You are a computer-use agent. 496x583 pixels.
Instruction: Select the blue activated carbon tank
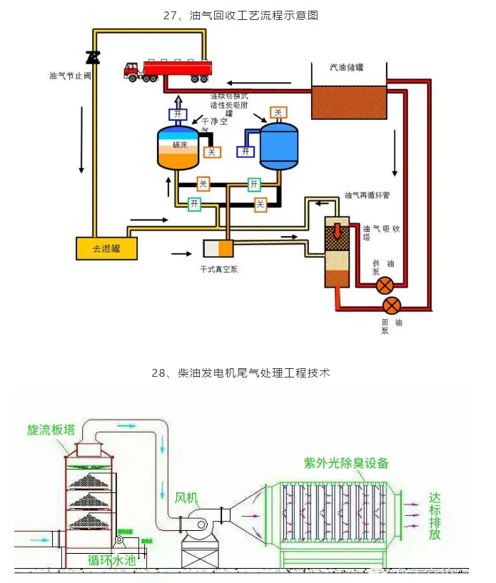click(x=278, y=146)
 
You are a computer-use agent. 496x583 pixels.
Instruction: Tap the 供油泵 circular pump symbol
click(x=385, y=286)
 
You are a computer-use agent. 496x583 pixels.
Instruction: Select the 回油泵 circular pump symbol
click(x=392, y=306)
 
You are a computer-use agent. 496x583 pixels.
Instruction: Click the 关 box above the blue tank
click(x=279, y=112)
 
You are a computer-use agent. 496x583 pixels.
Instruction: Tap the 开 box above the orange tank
click(x=178, y=114)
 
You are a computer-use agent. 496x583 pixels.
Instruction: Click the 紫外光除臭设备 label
click(x=347, y=462)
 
